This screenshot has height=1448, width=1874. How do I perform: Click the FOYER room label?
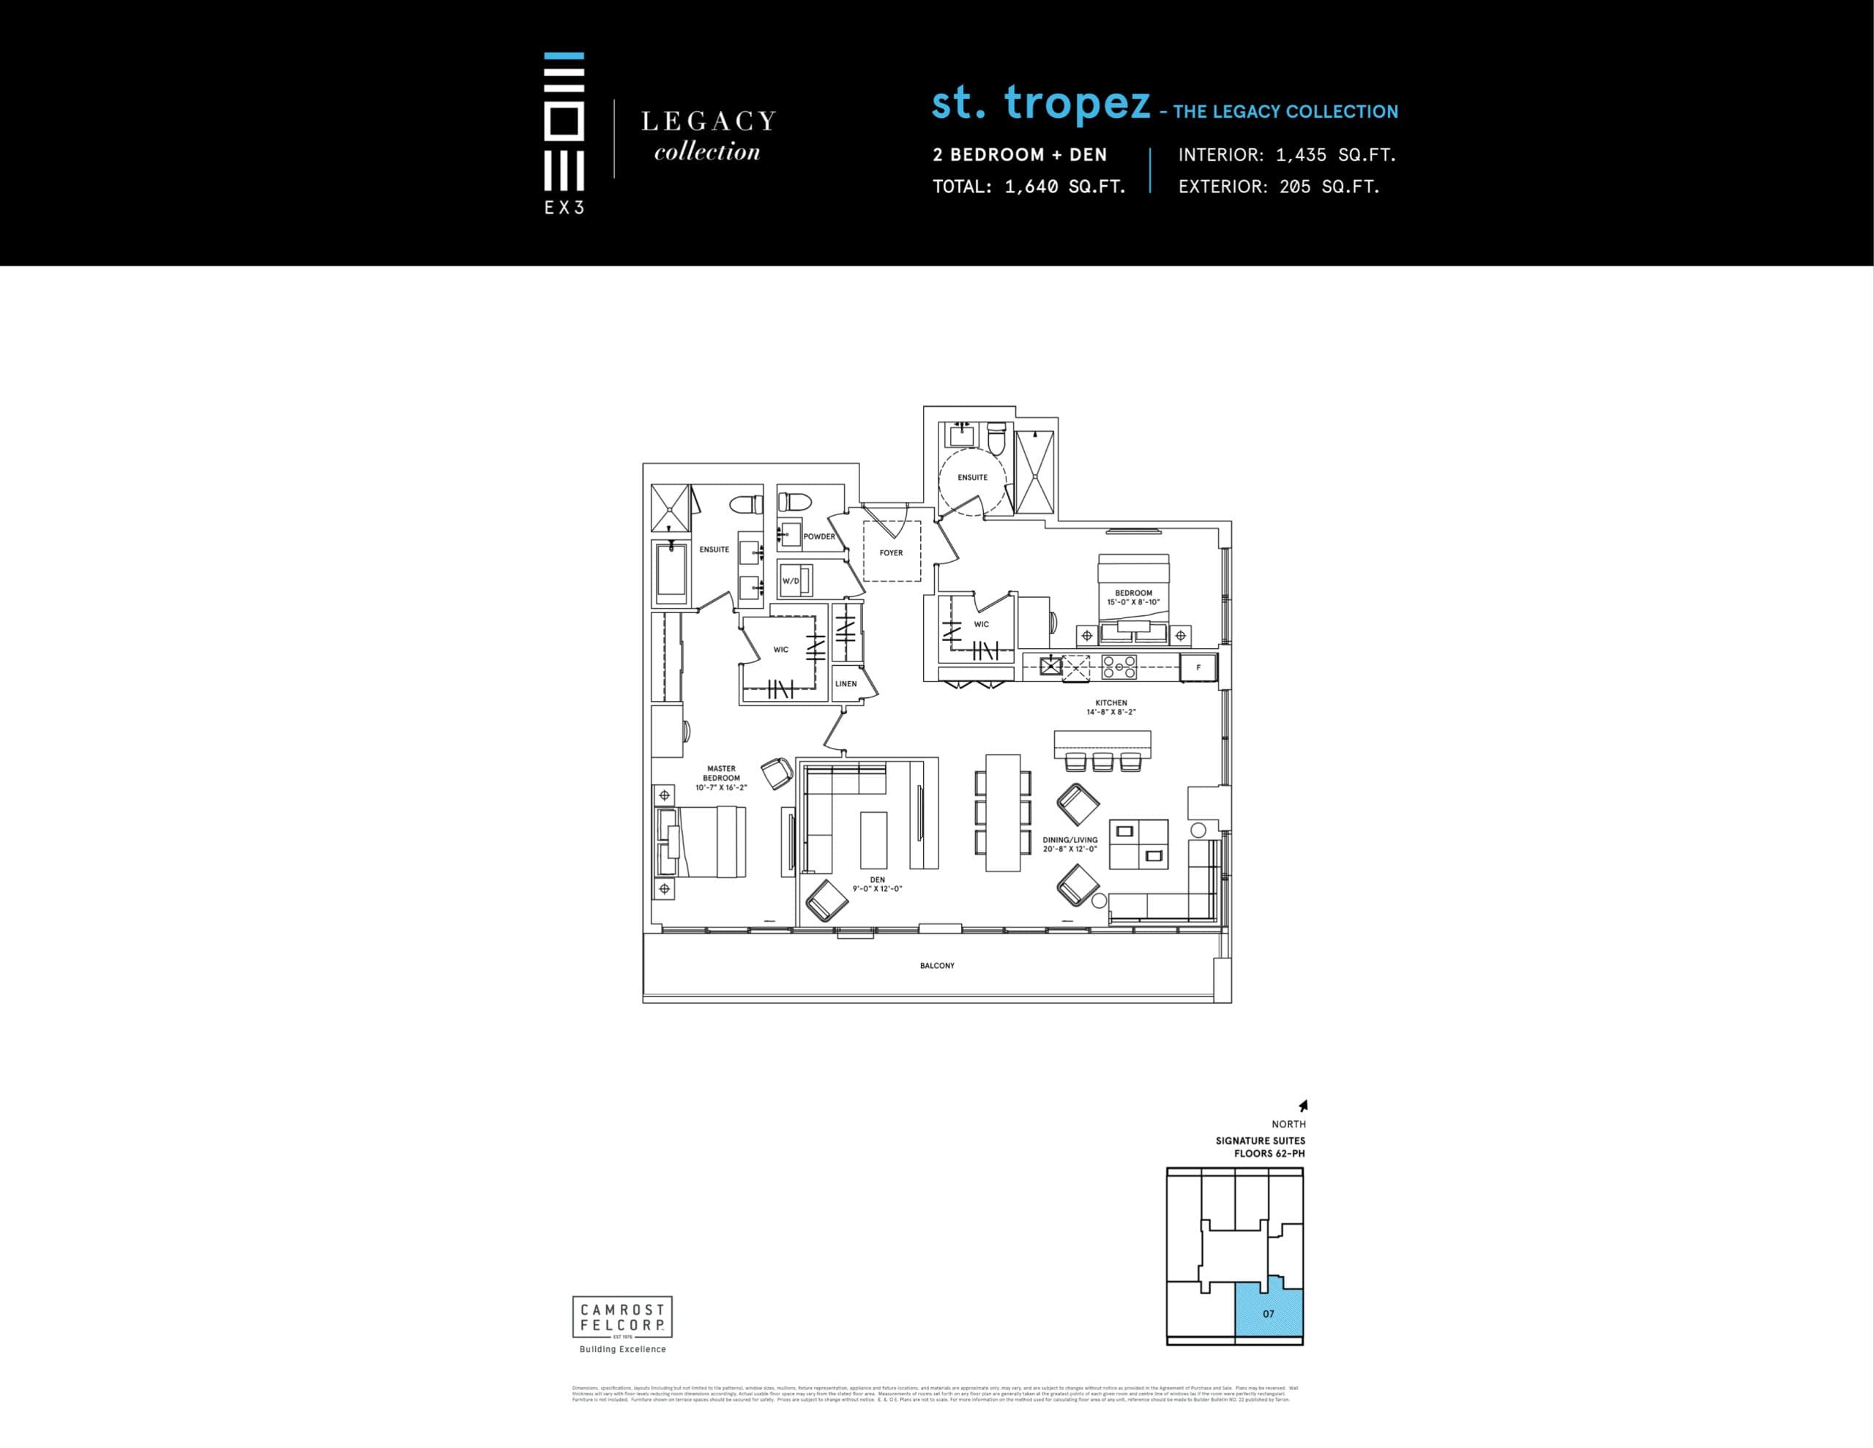click(891, 552)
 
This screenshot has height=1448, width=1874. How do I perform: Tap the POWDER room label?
click(818, 536)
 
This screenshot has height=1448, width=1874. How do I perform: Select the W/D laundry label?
click(791, 581)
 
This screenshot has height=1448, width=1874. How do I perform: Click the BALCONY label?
click(937, 965)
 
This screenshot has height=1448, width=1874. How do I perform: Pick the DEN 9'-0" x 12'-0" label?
click(877, 884)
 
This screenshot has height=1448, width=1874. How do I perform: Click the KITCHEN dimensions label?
click(1111, 708)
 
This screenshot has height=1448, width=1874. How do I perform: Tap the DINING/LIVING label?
click(1070, 844)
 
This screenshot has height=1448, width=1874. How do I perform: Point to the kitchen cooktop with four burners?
click(1119, 667)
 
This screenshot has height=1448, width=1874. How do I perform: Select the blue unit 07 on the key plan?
click(1268, 1313)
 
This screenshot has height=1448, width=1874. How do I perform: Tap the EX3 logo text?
click(564, 208)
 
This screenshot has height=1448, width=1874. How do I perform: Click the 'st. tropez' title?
click(1041, 104)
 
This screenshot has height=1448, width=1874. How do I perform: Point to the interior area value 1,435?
click(1301, 155)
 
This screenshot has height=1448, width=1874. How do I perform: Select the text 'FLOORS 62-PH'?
click(1269, 1154)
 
